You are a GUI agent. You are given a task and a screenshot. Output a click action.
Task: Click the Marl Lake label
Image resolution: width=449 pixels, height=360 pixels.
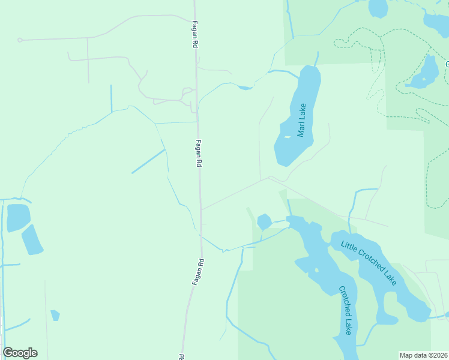pyautogui.click(x=301, y=120)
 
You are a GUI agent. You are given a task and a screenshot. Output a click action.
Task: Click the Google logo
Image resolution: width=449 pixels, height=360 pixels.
pyautogui.click(x=20, y=353)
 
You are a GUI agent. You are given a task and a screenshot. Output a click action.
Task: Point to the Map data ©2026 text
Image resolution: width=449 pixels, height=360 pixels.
pyautogui.click(x=424, y=355)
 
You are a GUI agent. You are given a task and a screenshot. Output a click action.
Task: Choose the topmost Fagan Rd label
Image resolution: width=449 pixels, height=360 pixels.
pyautogui.click(x=194, y=33)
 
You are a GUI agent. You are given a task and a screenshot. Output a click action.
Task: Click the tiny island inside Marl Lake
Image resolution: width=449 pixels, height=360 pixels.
pyautogui.click(x=287, y=137)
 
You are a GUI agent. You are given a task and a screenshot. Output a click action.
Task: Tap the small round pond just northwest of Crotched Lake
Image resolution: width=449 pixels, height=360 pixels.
pyautogui.click(x=264, y=221)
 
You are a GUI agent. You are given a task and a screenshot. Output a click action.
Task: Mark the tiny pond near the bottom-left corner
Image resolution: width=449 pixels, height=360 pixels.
pyautogui.click(x=55, y=315)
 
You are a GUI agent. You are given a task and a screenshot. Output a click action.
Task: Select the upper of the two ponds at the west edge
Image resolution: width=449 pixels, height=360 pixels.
pyautogui.click(x=18, y=217)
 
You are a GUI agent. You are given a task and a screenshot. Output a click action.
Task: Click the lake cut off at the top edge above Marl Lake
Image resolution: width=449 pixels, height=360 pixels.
pyautogui.click(x=378, y=8)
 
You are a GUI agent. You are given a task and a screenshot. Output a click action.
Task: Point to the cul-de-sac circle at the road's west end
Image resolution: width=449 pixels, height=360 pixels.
pyautogui.click(x=20, y=40)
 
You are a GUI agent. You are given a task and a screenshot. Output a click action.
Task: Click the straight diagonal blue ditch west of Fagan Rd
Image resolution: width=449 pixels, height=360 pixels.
pyautogui.click(x=148, y=161)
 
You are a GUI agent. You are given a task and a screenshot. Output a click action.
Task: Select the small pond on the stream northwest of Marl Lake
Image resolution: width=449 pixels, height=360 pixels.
pyautogui.click(x=245, y=88)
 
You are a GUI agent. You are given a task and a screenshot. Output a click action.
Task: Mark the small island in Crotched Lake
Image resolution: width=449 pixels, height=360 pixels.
pyautogui.click(x=316, y=270)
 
